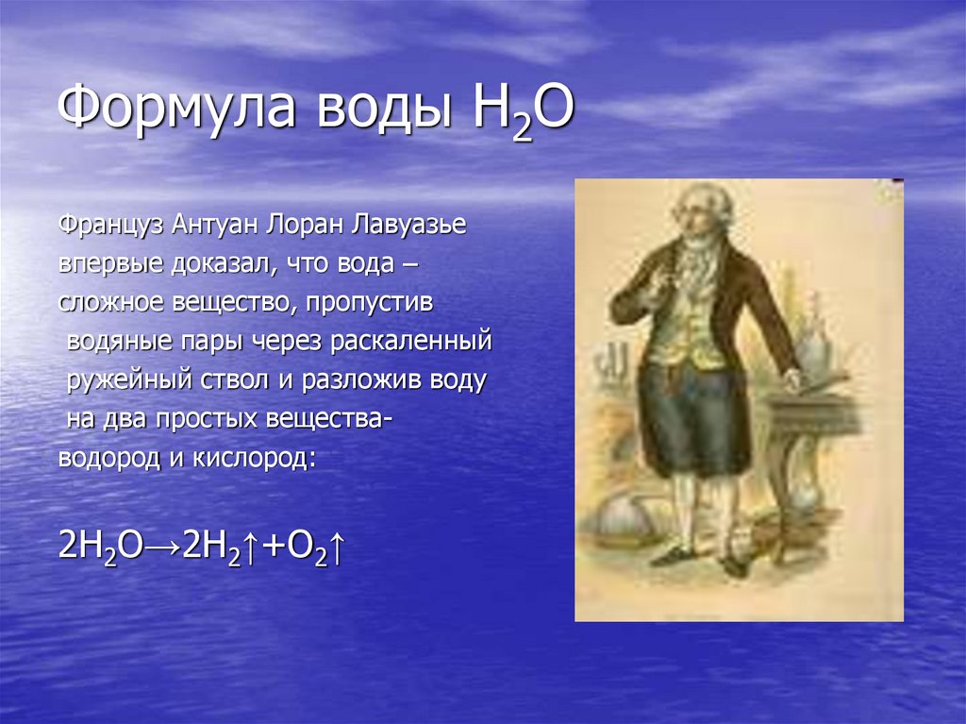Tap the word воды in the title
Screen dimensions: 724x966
[x=377, y=110]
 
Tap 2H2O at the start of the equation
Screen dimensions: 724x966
[x=98, y=548]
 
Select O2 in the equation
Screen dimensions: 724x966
[x=302, y=548]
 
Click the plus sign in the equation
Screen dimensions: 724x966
[x=266, y=547]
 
